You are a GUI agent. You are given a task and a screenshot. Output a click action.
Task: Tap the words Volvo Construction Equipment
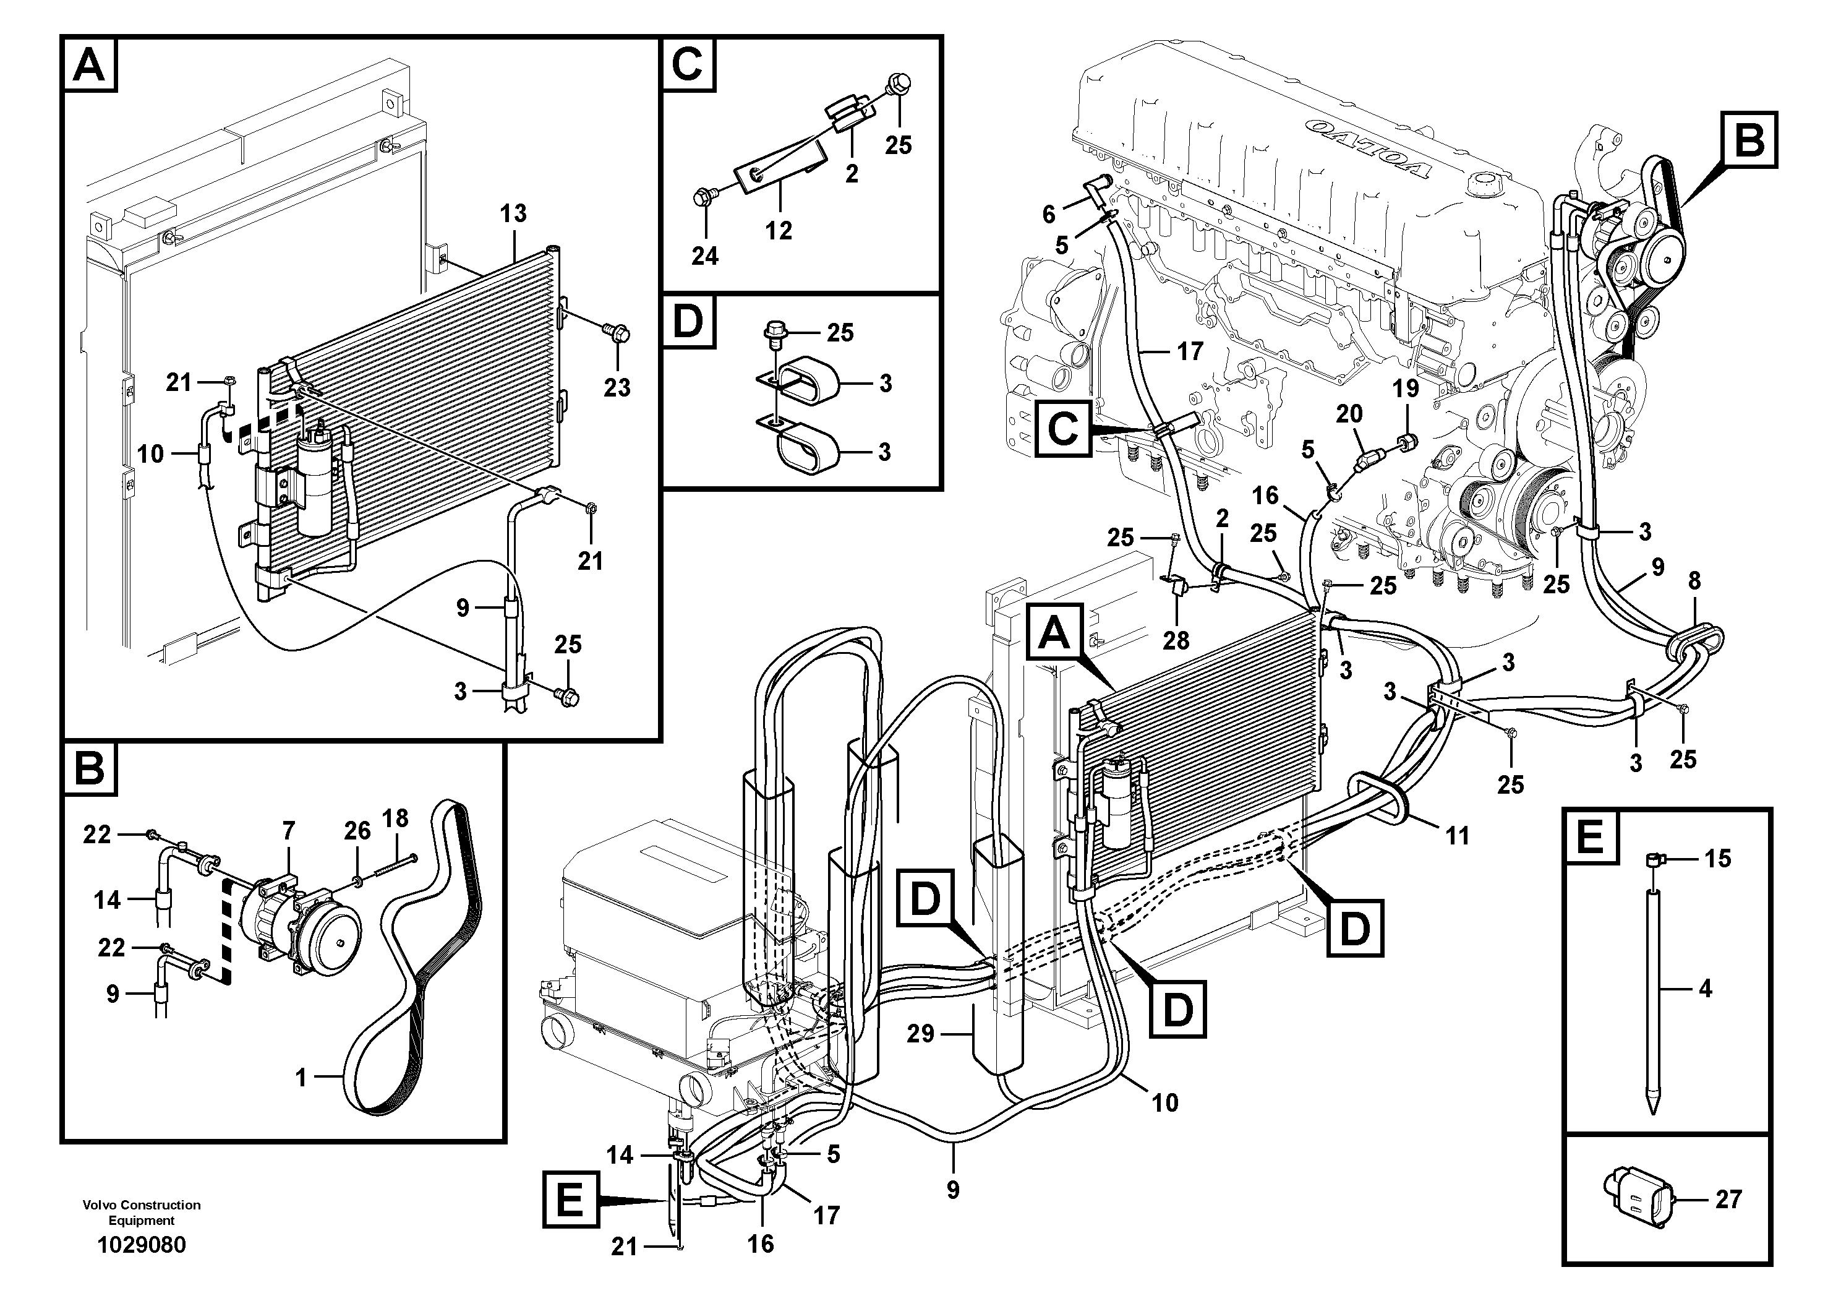click(x=141, y=1212)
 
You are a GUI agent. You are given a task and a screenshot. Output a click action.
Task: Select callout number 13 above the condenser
click(x=513, y=213)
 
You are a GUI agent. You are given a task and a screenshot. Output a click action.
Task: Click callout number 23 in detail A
click(x=617, y=387)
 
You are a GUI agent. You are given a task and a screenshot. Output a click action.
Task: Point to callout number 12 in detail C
click(x=778, y=230)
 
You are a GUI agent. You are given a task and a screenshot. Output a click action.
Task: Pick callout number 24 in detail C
click(x=705, y=256)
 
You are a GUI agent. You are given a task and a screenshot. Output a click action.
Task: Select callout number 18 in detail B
click(x=395, y=819)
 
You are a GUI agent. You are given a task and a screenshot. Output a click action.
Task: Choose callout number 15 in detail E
click(x=1717, y=859)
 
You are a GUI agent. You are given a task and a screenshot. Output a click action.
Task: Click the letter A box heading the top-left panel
click(x=89, y=64)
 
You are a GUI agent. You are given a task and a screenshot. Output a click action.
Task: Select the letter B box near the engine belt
click(x=1749, y=141)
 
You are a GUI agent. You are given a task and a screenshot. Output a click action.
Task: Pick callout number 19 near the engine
click(x=1406, y=389)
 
